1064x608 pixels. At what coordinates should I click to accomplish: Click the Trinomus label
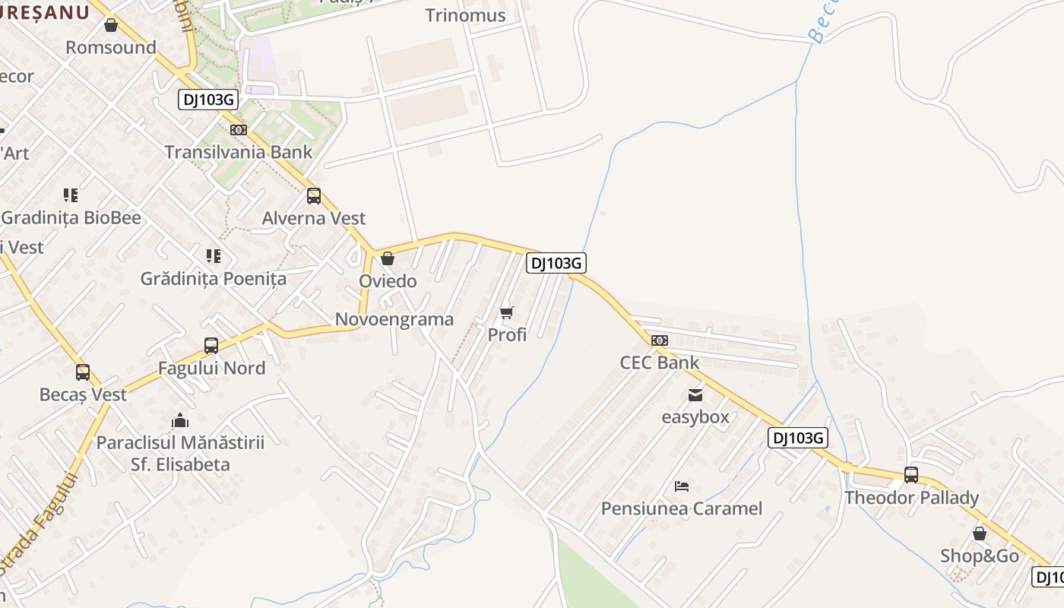tap(465, 15)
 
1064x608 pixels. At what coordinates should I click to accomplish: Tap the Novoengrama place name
tap(394, 319)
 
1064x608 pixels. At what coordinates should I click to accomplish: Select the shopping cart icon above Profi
tap(507, 312)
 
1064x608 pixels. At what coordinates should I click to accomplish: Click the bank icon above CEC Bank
tap(659, 340)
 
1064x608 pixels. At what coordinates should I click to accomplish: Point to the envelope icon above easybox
tap(695, 394)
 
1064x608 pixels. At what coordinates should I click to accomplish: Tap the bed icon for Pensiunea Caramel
tap(682, 486)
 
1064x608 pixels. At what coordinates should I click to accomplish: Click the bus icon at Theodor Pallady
tap(911, 475)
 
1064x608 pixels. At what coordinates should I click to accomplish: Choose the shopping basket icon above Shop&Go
tap(980, 534)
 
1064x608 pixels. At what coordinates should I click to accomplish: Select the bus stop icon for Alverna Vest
tap(314, 196)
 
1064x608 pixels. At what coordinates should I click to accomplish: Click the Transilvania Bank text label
tap(239, 152)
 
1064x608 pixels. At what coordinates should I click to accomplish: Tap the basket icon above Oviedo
tap(388, 258)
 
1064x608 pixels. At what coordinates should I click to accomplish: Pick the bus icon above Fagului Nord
tap(211, 346)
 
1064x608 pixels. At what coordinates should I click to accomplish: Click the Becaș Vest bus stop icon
tap(83, 372)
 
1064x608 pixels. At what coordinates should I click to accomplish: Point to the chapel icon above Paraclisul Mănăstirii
tap(180, 420)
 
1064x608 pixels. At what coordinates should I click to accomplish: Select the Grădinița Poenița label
tap(214, 278)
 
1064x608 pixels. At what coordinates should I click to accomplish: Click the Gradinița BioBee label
tap(71, 218)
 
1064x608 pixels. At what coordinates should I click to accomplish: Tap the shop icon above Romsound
tap(111, 25)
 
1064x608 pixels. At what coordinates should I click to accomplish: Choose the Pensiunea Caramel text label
tap(682, 508)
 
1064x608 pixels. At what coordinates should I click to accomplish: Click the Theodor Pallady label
tap(911, 498)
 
